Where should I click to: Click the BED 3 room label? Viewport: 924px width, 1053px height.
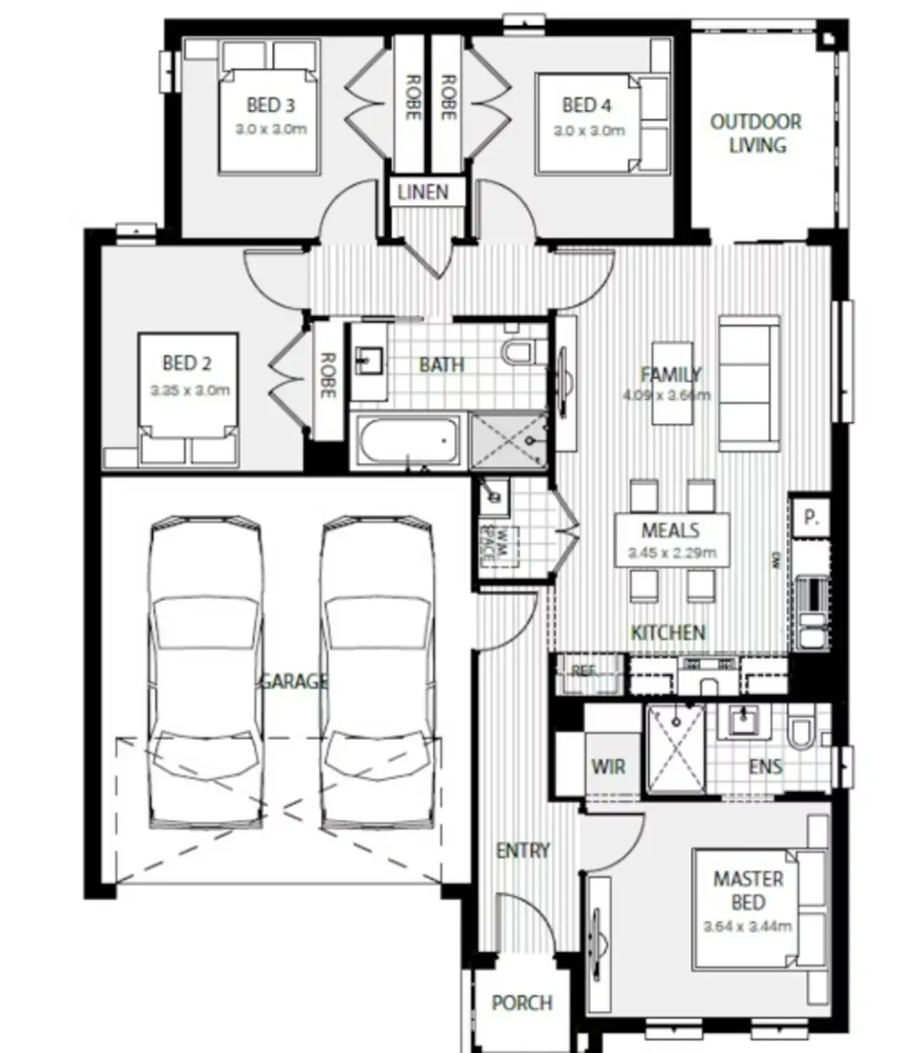pos(271,106)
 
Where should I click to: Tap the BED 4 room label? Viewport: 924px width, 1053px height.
pos(587,106)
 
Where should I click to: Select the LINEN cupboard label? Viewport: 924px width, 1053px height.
pos(423,192)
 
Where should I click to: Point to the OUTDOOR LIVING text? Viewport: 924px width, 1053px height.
pos(756,133)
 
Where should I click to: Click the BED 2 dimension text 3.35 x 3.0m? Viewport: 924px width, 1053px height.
pos(190,390)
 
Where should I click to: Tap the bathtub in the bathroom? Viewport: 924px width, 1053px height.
pos(408,440)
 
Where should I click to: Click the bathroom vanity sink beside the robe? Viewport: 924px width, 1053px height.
pos(368,362)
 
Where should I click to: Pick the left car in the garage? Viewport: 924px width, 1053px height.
pos(206,674)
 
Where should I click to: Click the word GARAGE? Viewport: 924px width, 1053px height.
pos(294,681)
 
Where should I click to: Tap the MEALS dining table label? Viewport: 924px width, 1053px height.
pos(670,531)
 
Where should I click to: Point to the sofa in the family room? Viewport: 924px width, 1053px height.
pos(749,384)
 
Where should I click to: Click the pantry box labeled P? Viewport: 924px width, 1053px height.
pos(811,518)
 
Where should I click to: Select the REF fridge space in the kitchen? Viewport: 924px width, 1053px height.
pos(586,673)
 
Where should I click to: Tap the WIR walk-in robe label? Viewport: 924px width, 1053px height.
pos(609,767)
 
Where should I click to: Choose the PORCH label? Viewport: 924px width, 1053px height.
pos(521,1003)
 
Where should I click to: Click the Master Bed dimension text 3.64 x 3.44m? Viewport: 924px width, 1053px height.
pos(748,927)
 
